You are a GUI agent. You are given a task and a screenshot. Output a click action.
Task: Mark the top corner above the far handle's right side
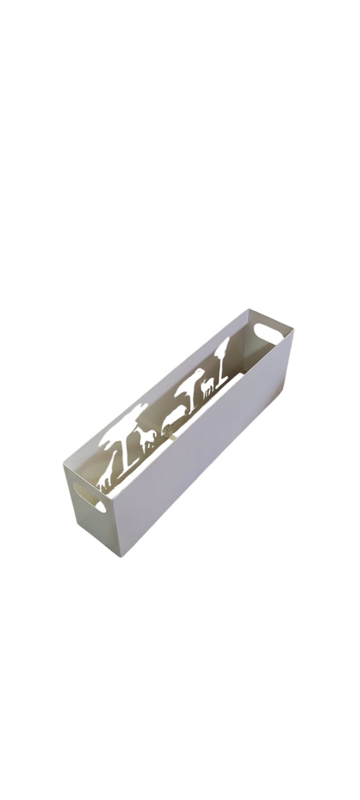[x=294, y=329]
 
